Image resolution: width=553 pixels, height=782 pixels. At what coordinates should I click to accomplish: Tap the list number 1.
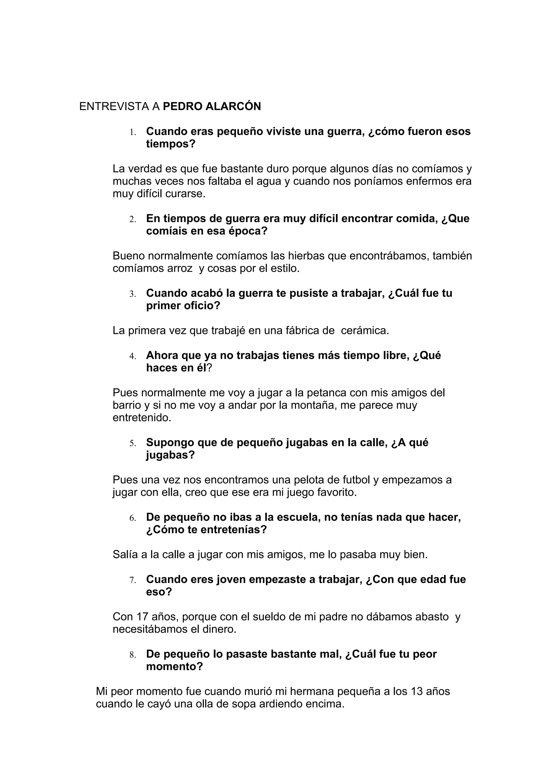pyautogui.click(x=132, y=132)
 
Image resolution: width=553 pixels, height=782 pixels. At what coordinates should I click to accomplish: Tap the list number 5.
pyautogui.click(x=132, y=443)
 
